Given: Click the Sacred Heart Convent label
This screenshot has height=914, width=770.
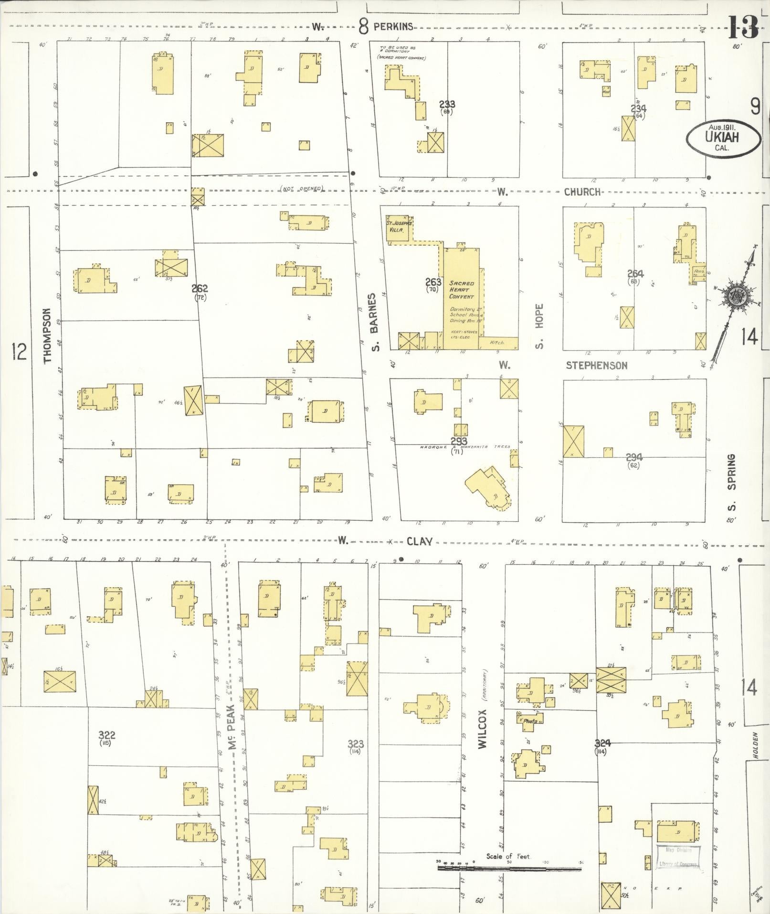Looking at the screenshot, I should coord(461,290).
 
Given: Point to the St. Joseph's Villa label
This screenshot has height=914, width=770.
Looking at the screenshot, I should coord(399,226).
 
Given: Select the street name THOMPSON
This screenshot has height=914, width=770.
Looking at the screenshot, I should coord(47,335).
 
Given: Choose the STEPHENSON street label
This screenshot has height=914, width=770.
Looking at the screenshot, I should coord(596,366).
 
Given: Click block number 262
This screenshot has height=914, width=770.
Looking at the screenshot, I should coord(200,289).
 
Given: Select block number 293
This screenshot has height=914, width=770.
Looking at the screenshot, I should coord(458,441).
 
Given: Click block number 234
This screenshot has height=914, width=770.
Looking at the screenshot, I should coord(638,108).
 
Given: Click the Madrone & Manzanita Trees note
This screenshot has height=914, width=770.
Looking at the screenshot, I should coord(465,447).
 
